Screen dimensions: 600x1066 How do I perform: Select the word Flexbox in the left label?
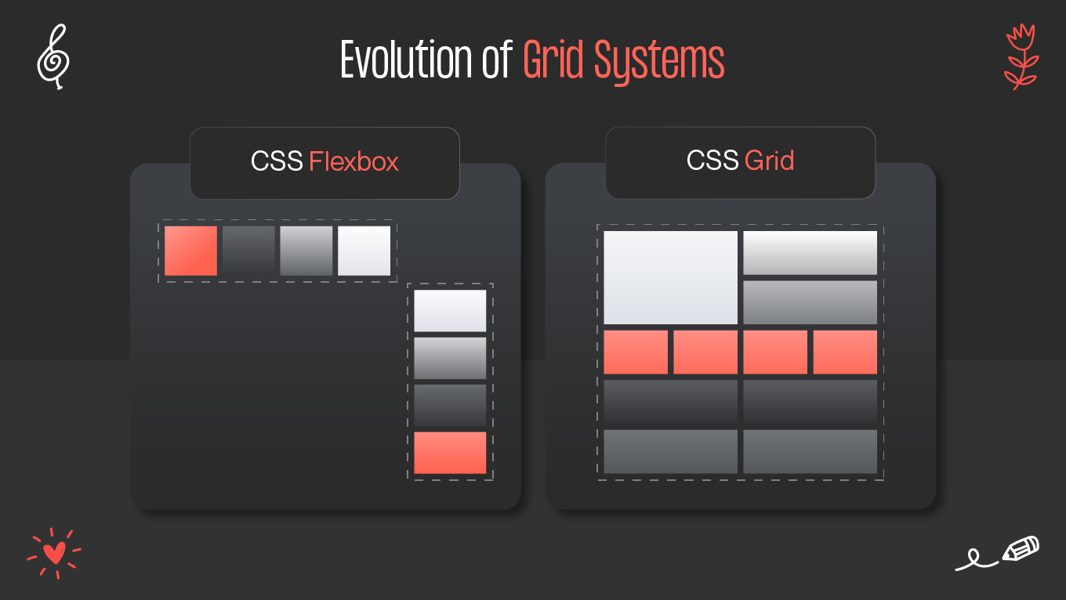(x=354, y=161)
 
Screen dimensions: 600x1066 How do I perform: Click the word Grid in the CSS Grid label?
(x=769, y=161)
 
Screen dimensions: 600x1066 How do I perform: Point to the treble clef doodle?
(x=53, y=56)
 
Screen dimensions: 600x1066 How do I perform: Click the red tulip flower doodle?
(x=1021, y=56)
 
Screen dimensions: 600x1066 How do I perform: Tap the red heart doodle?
(x=54, y=553)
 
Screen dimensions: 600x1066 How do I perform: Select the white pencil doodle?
(x=1020, y=548)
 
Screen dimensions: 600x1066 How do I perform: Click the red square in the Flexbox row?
(x=190, y=251)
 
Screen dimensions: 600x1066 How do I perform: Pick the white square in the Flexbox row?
(x=364, y=251)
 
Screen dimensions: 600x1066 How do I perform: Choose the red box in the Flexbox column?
(x=450, y=453)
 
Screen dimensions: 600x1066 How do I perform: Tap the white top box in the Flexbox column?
(x=450, y=311)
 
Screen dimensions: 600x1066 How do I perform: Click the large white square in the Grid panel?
(x=670, y=277)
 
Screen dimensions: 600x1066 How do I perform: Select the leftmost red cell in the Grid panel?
(x=636, y=352)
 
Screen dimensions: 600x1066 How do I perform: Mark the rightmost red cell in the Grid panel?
(x=845, y=352)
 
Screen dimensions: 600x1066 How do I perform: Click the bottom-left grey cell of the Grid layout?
(x=670, y=451)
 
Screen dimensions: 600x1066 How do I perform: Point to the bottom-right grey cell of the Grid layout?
(x=810, y=451)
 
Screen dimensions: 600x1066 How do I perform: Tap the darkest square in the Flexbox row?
(x=248, y=251)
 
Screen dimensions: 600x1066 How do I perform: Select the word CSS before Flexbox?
(x=277, y=161)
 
